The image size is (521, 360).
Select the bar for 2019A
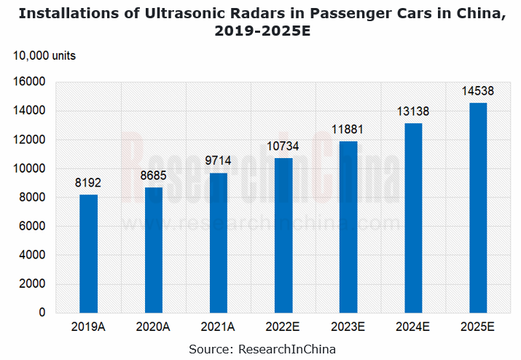point(88,254)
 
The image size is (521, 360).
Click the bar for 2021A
point(219,243)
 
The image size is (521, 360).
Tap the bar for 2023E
point(348,227)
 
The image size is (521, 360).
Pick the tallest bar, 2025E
point(478,208)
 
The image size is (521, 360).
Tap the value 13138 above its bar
point(413,111)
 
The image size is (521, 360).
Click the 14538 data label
point(479,91)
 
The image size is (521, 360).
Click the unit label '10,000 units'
point(44,56)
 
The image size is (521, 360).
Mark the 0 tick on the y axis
point(42,313)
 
